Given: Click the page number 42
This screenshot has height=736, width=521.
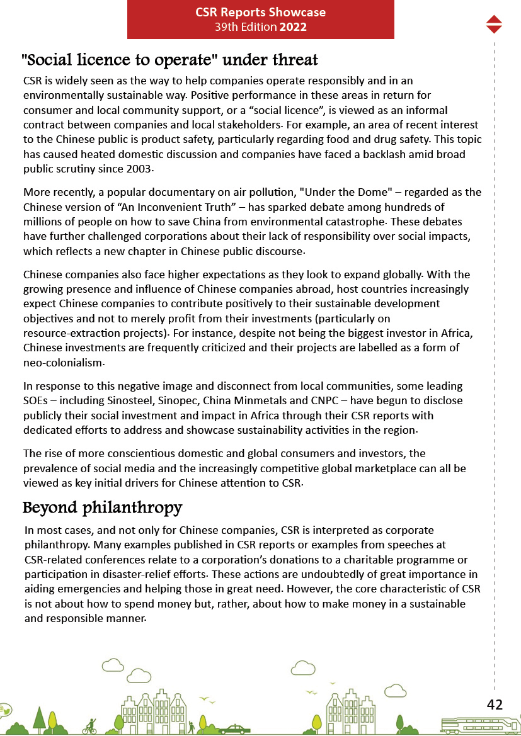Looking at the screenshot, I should [x=495, y=705].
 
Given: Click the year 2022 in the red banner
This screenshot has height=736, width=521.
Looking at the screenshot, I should [x=294, y=27].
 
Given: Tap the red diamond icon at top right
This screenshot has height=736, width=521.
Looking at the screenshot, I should [x=494, y=24].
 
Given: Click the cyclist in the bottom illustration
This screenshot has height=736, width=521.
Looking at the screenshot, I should [x=91, y=726].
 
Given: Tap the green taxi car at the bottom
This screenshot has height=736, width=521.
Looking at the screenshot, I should [x=234, y=729].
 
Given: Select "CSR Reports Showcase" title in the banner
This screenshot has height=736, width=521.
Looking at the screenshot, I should [x=260, y=13].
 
